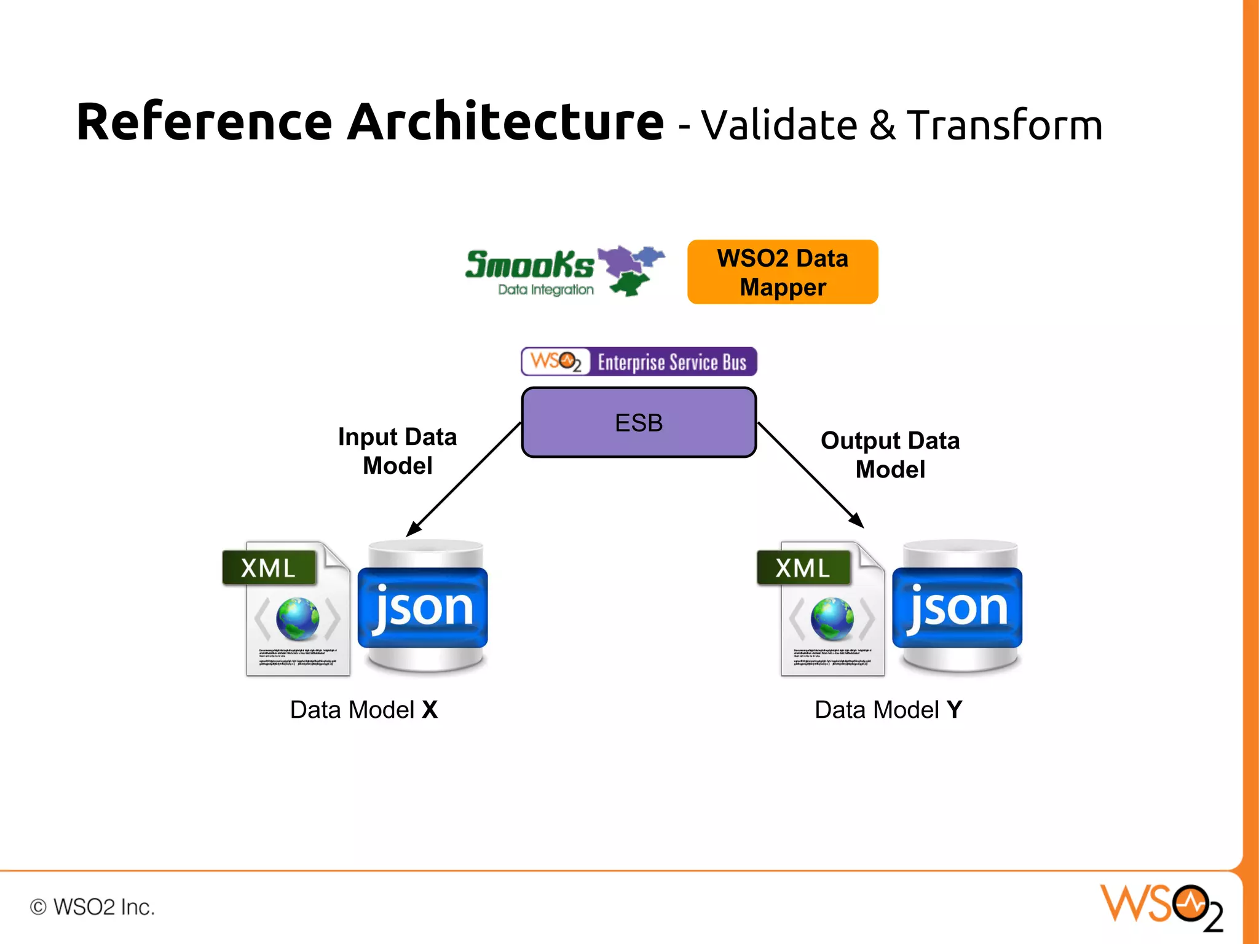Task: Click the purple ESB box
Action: [x=638, y=422]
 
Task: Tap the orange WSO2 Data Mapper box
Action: [x=782, y=272]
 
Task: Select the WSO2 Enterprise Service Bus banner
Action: [x=638, y=361]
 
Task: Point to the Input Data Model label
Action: [x=397, y=450]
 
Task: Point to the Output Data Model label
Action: [x=890, y=455]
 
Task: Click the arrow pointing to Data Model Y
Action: [x=810, y=474]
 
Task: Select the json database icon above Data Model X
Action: [x=423, y=607]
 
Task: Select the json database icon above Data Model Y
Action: [x=957, y=607]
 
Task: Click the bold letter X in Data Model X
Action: [x=430, y=710]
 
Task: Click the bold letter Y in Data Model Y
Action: [x=954, y=710]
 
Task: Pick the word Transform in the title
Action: [x=1004, y=125]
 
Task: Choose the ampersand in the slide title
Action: [x=882, y=125]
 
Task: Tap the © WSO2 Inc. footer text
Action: [x=92, y=907]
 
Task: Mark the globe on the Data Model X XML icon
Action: [x=298, y=618]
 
